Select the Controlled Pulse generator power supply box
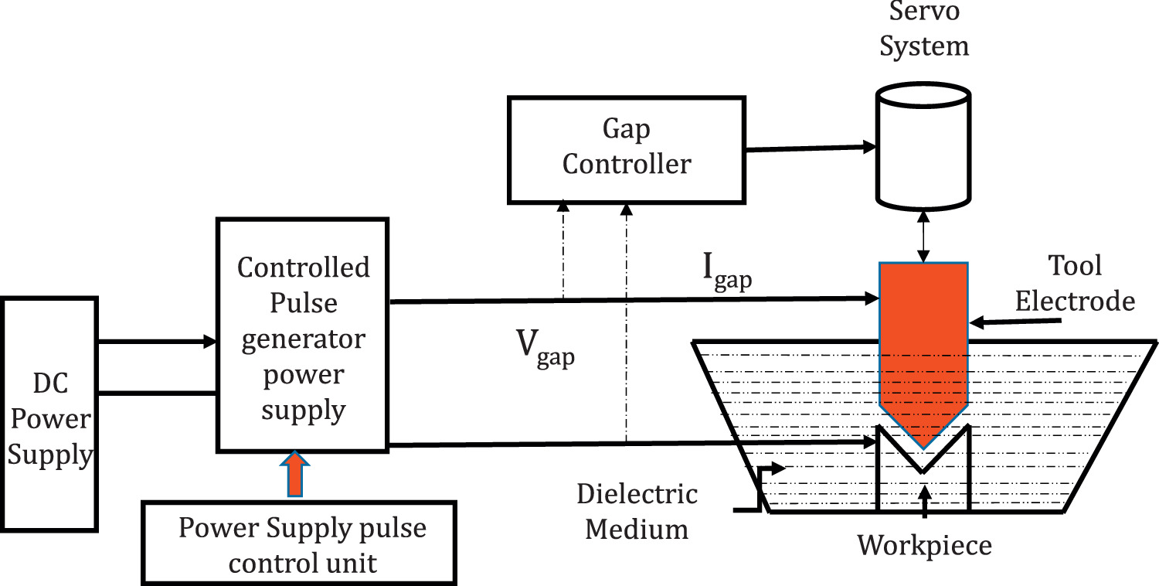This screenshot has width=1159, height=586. click(303, 336)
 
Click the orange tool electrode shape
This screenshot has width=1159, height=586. click(923, 348)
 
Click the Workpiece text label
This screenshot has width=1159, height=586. click(924, 546)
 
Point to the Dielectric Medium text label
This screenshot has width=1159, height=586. click(637, 512)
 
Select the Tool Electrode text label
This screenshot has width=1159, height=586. click(1074, 283)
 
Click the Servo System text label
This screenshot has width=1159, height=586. click(924, 31)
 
